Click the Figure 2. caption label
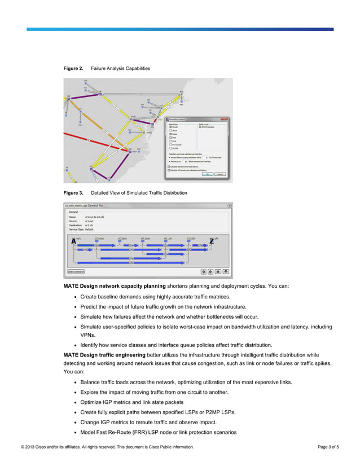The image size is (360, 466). pyautogui.click(x=73, y=68)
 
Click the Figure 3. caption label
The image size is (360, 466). pyautogui.click(x=73, y=193)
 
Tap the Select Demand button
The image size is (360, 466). pyautogui.click(x=76, y=271)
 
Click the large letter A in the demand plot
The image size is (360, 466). pyautogui.click(x=73, y=241)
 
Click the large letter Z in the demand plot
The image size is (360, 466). pyautogui.click(x=212, y=241)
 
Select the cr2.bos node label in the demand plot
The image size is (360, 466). pyautogui.click(x=122, y=238)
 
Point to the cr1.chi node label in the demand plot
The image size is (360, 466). pyautogui.click(x=168, y=238)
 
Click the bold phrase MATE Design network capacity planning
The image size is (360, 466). pyautogui.click(x=115, y=286)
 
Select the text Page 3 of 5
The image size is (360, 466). pyautogui.click(x=328, y=447)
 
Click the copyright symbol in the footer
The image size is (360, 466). pyautogui.click(x=22, y=447)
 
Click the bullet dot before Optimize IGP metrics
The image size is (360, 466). pyautogui.click(x=75, y=402)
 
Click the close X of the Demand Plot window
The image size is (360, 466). pyautogui.click(x=229, y=206)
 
